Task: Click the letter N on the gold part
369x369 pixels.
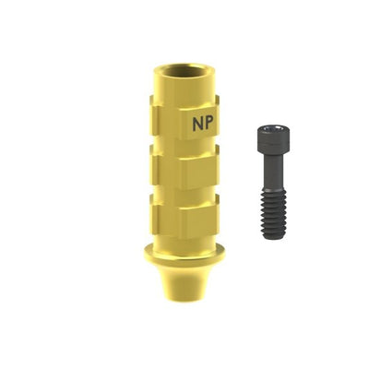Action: tap(197, 124)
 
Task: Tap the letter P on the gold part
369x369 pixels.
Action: tap(208, 124)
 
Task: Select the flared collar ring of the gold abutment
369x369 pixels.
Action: tap(184, 254)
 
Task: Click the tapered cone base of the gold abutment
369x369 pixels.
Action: tap(184, 280)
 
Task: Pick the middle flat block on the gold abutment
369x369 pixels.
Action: tap(184, 167)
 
